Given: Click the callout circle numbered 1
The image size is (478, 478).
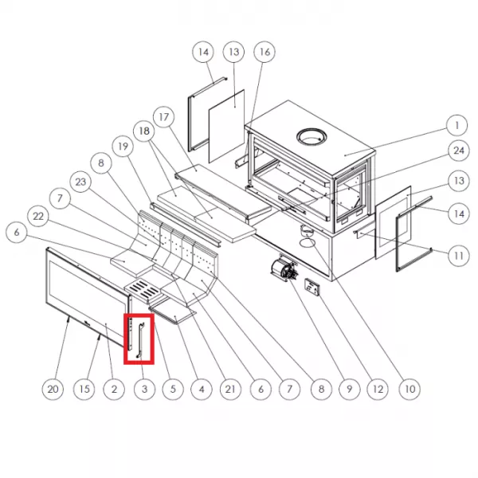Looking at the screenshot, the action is pos(456,125).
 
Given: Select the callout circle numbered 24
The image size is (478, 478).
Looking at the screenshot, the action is pos(459,151).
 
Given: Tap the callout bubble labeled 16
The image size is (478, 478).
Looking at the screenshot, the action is pos(264,52).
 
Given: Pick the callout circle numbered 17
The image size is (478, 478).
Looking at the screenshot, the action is pos(163,117).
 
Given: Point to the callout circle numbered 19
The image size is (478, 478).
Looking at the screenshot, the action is pos(123,147).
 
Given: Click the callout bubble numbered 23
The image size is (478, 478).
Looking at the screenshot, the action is pos(80,182).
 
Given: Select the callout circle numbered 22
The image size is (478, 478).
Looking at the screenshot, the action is pos(38,217).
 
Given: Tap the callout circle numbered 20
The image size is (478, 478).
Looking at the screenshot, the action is pos(53,389).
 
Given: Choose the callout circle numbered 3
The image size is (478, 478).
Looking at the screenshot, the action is pos(144,389).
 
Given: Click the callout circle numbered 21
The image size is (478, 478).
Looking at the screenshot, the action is pos(230,389).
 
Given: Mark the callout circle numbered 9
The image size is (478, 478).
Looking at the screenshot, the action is pos(350,389).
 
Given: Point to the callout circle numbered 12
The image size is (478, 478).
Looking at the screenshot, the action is pos(378,389).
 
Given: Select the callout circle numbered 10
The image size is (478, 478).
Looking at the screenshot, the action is pos(409,389).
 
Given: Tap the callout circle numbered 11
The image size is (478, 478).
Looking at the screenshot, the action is pos(459,256).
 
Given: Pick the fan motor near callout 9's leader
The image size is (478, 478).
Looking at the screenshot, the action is pos(284,269).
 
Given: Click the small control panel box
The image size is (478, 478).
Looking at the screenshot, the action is pos(312,287).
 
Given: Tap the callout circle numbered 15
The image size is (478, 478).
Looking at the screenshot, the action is pos(84,389).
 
